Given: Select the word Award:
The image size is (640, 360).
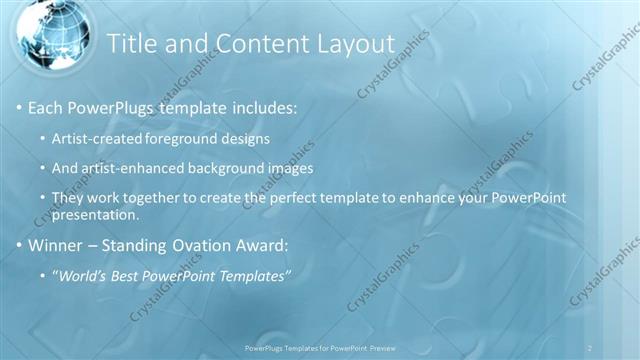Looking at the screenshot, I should pyautogui.click(x=262, y=245).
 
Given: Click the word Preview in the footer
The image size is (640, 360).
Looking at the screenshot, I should pyautogui.click(x=388, y=347).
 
